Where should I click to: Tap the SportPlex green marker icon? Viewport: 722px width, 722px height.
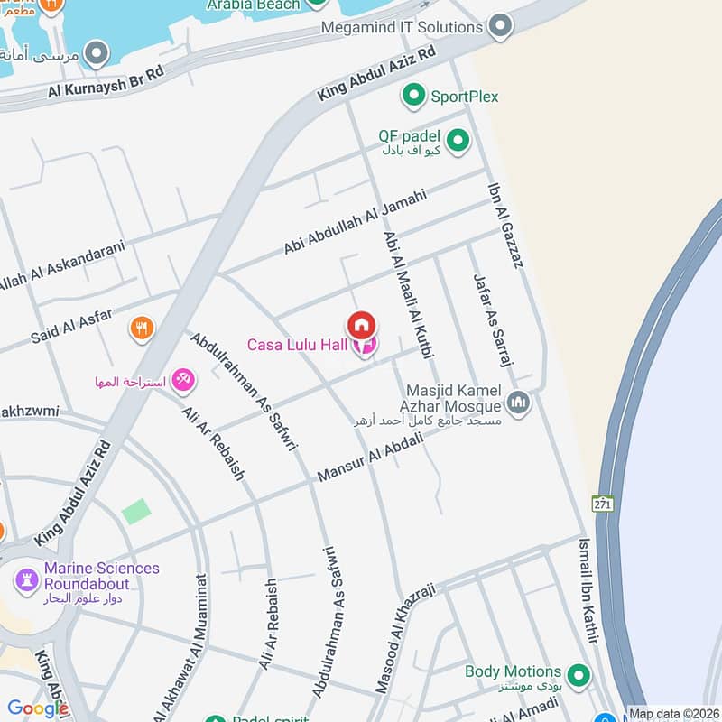(413, 95)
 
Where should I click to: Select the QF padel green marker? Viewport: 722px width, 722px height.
(458, 140)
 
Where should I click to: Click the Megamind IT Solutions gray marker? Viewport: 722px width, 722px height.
(499, 27)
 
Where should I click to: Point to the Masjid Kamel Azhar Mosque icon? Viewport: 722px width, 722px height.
(518, 403)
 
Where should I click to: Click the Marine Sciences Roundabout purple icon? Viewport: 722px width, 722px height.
(25, 575)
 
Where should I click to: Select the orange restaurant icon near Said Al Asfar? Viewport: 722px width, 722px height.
(141, 328)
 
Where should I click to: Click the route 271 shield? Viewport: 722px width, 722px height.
(604, 503)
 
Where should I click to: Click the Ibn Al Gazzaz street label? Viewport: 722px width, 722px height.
(505, 226)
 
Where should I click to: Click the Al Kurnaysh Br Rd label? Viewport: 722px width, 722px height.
(106, 84)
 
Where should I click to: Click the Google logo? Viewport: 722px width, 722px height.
(38, 708)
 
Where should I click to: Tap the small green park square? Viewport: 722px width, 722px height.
(136, 512)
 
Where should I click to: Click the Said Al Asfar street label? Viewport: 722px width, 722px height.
(71, 327)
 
